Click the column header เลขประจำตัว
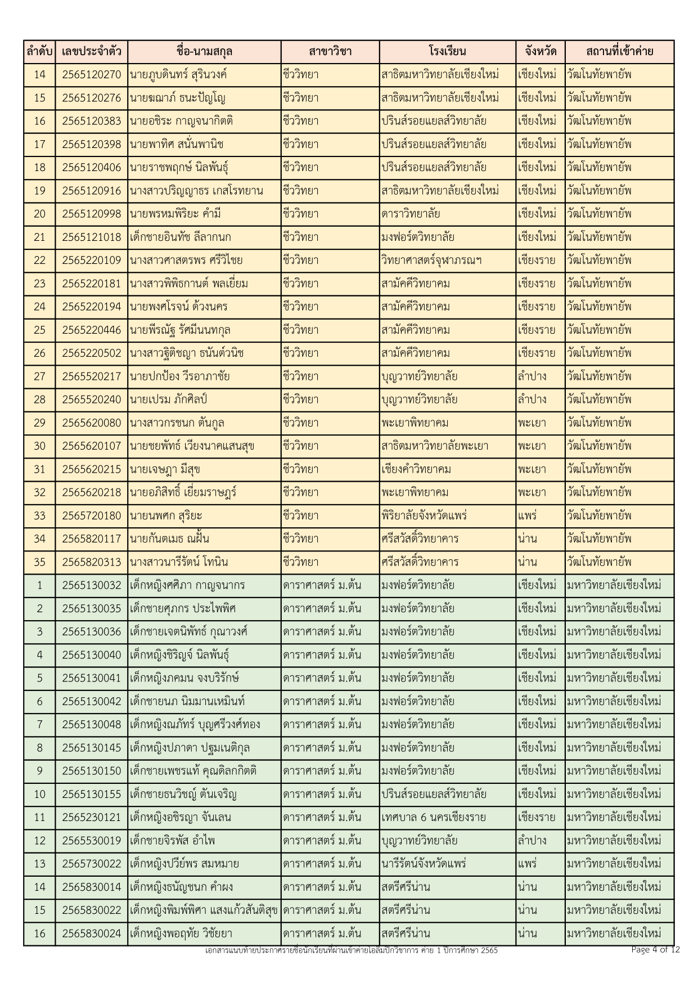click(91, 52)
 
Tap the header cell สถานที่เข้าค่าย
click(619, 52)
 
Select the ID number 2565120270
click(91, 75)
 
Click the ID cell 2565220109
click(91, 261)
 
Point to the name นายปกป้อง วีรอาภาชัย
click(179, 376)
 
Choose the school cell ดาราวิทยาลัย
click(411, 214)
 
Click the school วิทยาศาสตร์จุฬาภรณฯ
click(431, 261)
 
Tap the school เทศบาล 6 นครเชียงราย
click(433, 817)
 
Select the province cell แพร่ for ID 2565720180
click(528, 515)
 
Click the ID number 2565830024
click(91, 934)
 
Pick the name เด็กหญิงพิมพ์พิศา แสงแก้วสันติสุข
click(204, 910)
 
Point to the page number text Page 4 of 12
click(655, 950)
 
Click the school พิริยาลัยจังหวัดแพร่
click(424, 515)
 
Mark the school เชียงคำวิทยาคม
click(416, 469)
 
